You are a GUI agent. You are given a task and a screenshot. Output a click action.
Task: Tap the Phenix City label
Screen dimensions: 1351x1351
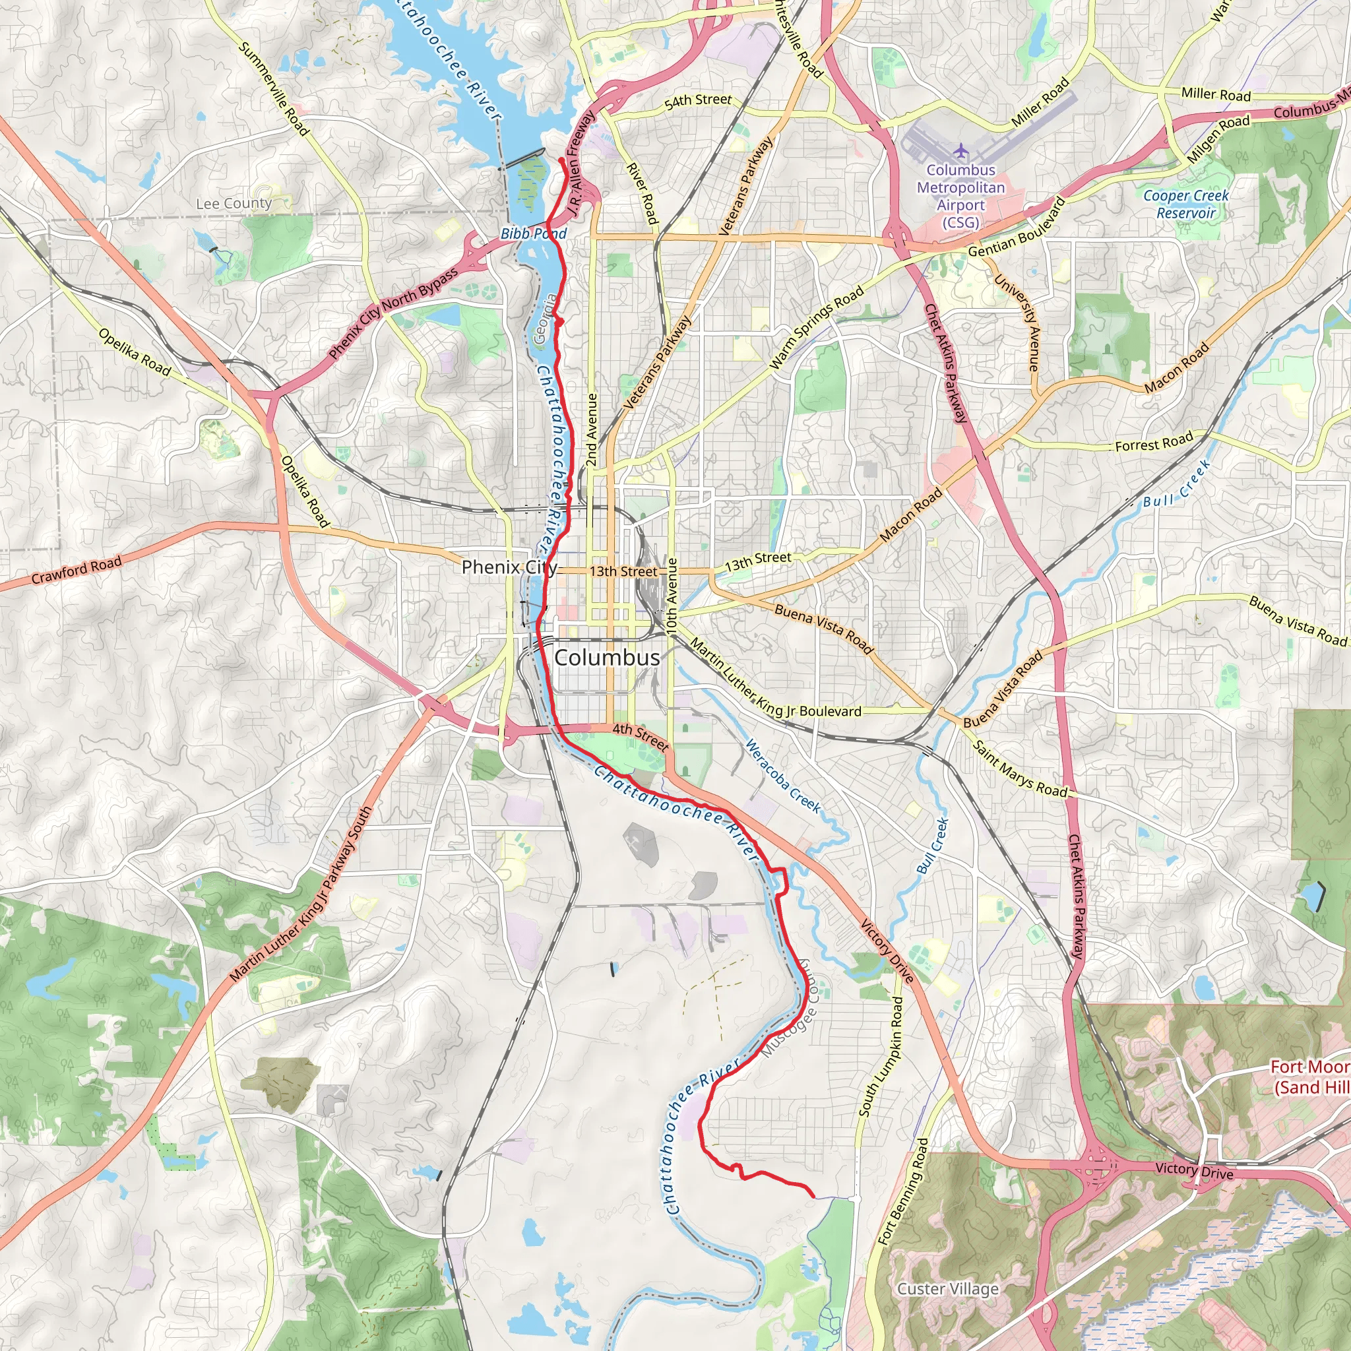509,567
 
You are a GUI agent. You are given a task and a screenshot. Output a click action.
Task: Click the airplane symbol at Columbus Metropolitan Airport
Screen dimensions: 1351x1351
960,150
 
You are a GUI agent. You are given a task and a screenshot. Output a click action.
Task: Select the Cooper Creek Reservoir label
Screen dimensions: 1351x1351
1185,204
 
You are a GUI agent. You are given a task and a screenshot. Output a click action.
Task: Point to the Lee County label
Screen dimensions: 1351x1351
234,203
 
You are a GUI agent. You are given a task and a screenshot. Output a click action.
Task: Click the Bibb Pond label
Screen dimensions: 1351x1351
533,234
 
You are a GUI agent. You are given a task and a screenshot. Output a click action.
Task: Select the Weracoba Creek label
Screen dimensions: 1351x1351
782,776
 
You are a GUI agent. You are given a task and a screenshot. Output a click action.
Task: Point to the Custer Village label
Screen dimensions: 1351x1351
947,1289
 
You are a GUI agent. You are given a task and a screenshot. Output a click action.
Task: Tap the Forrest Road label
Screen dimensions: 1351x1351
1154,443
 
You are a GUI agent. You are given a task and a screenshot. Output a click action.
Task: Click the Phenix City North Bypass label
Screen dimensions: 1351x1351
393,313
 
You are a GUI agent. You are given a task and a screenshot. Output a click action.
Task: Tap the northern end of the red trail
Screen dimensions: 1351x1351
561,161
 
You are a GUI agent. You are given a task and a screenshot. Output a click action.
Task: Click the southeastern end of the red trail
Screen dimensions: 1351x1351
811,1197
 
